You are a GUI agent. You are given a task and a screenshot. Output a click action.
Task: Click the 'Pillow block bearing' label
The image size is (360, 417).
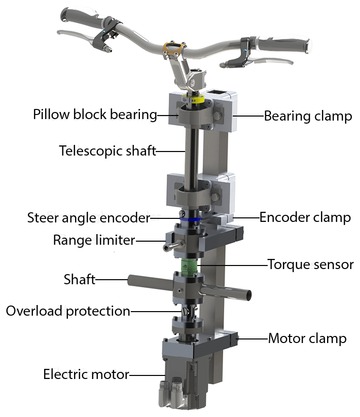(95, 115)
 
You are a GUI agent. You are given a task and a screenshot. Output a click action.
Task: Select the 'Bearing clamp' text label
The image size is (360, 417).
(307, 116)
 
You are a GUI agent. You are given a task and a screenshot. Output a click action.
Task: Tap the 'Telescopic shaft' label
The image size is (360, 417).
(107, 151)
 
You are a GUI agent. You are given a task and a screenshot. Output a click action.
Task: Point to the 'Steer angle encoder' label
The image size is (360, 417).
(89, 218)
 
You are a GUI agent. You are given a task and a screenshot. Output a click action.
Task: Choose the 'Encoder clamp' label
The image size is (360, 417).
(305, 217)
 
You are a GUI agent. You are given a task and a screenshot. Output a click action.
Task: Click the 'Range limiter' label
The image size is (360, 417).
(94, 240)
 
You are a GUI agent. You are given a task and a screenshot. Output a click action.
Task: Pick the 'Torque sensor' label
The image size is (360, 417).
(310, 264)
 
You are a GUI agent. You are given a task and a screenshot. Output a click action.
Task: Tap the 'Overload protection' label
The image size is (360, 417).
(68, 311)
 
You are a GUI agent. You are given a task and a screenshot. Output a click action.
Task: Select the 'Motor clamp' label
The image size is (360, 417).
(307, 338)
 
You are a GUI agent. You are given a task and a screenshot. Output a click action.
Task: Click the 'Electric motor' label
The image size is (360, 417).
(86, 375)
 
